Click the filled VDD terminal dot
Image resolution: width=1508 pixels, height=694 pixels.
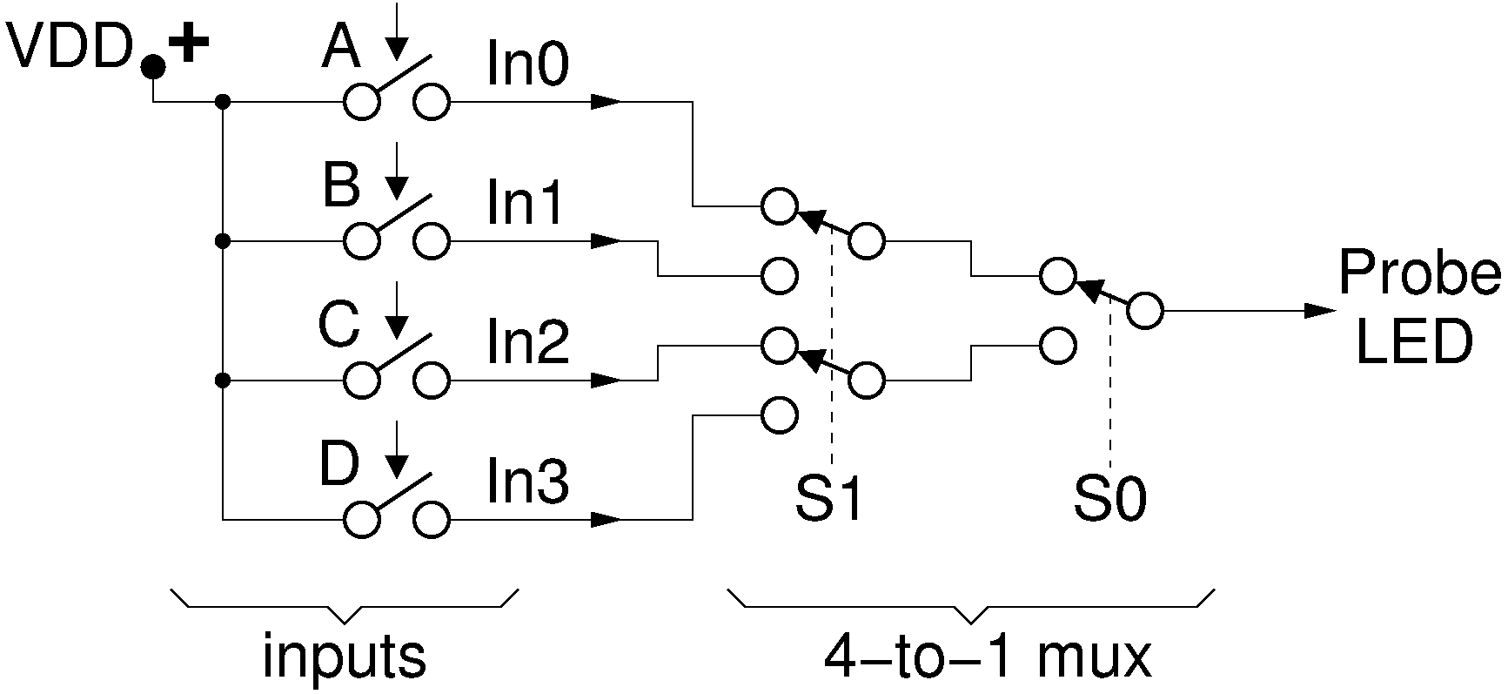pyautogui.click(x=153, y=65)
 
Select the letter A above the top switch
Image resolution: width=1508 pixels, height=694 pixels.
pyautogui.click(x=341, y=48)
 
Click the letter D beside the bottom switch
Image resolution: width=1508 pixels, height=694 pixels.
pyautogui.click(x=338, y=465)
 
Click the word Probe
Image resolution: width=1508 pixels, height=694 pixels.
pyautogui.click(x=1419, y=273)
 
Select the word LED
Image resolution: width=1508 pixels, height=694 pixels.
pyautogui.click(x=1414, y=342)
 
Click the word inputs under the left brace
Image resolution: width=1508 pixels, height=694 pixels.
pyautogui.click(x=345, y=657)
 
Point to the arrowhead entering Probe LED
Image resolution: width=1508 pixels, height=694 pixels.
pyautogui.click(x=1320, y=311)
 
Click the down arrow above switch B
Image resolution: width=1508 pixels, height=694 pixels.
pyautogui.click(x=397, y=171)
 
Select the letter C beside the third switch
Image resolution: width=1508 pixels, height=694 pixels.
pyautogui.click(x=338, y=326)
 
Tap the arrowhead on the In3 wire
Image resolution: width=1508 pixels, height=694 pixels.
pyautogui.click(x=606, y=520)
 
